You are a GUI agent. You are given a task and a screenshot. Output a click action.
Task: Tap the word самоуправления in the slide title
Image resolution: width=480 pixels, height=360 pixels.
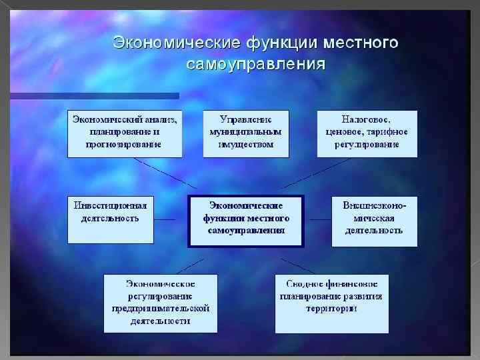(x=256, y=65)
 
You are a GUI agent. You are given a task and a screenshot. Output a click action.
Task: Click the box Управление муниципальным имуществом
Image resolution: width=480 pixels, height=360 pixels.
(x=246, y=133)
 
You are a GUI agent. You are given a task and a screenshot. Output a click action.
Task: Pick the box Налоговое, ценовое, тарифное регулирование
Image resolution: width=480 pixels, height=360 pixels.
(x=367, y=133)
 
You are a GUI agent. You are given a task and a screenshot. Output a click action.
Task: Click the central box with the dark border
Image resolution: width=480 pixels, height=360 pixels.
(x=246, y=221)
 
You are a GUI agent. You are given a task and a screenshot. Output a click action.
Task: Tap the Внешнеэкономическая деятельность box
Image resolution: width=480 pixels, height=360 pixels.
(x=374, y=221)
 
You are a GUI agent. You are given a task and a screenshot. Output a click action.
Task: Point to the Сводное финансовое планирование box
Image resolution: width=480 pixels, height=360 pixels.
(x=331, y=303)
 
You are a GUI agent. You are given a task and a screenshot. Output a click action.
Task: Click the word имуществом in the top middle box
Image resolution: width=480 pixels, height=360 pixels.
(x=246, y=145)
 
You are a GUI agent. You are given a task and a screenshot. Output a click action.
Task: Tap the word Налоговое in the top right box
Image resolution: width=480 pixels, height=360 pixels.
(x=367, y=120)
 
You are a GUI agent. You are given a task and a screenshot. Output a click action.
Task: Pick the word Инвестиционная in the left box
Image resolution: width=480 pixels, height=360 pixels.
(x=111, y=205)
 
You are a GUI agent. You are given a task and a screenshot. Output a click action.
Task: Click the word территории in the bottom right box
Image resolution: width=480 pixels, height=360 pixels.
(x=331, y=309)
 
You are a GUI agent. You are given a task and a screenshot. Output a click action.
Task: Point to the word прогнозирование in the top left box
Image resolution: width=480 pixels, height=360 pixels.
(x=125, y=145)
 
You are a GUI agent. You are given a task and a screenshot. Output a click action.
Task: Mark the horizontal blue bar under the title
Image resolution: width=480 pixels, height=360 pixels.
(x=93, y=95)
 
